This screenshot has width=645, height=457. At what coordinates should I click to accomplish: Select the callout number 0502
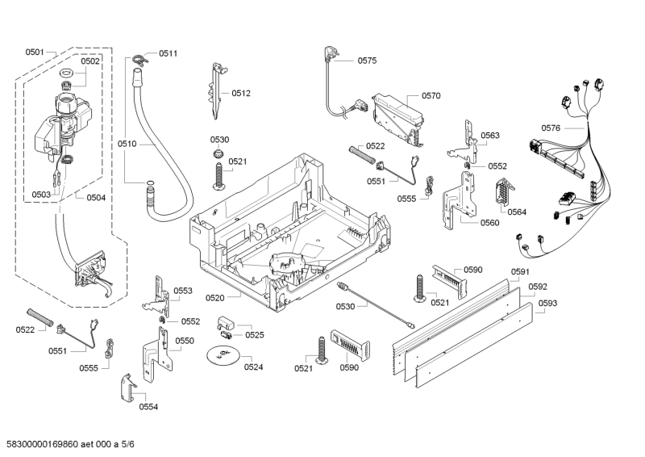point(90,61)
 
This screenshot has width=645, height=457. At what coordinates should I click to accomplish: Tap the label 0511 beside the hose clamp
point(168,53)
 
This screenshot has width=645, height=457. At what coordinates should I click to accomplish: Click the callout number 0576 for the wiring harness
point(551,128)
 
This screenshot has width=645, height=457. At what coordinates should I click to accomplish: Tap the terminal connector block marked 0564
point(500,195)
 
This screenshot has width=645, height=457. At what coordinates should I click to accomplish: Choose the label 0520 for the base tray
point(214,298)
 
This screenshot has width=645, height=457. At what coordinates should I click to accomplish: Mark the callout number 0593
point(548,303)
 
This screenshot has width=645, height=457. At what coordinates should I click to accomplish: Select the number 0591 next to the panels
point(521,272)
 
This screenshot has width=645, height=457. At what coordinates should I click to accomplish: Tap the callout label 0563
point(489,136)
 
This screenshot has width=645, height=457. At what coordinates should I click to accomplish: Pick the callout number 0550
point(185,341)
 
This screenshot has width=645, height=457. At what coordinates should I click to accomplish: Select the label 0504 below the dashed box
point(95,198)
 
